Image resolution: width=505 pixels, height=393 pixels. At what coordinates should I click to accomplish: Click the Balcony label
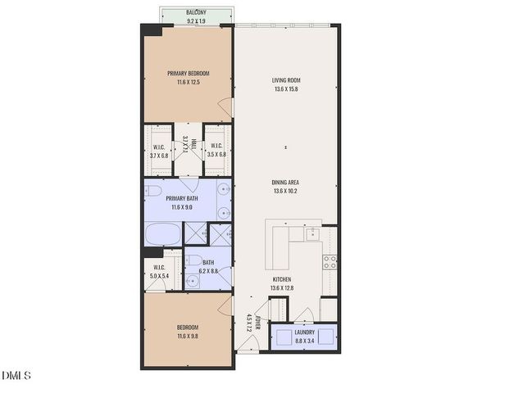[x=195, y=12]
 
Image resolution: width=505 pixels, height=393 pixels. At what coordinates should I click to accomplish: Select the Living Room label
[x=285, y=80]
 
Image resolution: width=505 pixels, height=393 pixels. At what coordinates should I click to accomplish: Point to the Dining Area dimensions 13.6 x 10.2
[x=285, y=191]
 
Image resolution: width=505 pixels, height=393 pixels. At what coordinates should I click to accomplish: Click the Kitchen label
[x=282, y=279]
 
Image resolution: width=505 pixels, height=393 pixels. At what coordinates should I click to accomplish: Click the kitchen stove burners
[x=330, y=262]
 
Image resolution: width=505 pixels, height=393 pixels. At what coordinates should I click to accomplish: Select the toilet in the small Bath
[x=192, y=282]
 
